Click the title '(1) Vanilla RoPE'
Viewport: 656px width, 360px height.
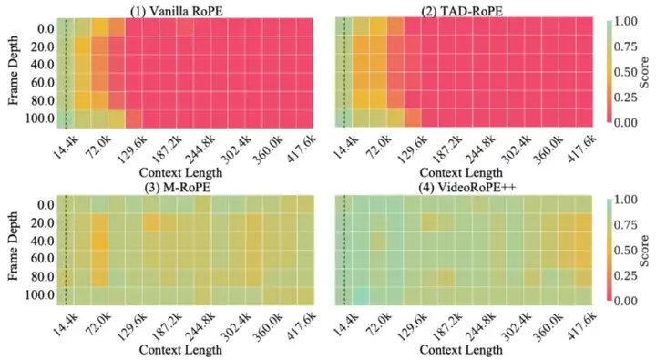click(182, 9)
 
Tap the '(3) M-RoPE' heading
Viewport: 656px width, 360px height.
click(182, 188)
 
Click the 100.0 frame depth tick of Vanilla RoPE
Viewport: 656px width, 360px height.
click(37, 118)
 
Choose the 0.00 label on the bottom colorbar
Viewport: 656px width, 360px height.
click(630, 300)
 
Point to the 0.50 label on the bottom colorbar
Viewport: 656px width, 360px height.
click(630, 249)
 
